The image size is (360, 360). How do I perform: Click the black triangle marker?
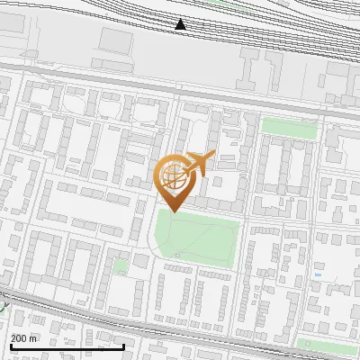[x=181, y=24]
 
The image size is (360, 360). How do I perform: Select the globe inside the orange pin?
[x=173, y=176]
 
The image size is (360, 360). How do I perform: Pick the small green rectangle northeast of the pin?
[x=289, y=130]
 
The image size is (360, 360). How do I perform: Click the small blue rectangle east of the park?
[x=318, y=275]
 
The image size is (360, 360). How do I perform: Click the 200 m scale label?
[x=24, y=338]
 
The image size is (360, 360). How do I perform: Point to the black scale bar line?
[x=67, y=347]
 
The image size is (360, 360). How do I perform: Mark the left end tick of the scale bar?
[x=10, y=345]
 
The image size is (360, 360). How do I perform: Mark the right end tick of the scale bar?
[x=123, y=345]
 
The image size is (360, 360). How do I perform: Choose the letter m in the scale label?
[x=33, y=338]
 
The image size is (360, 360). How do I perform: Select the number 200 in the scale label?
[x=19, y=338]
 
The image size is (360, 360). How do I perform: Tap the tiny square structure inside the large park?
[x=177, y=256]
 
